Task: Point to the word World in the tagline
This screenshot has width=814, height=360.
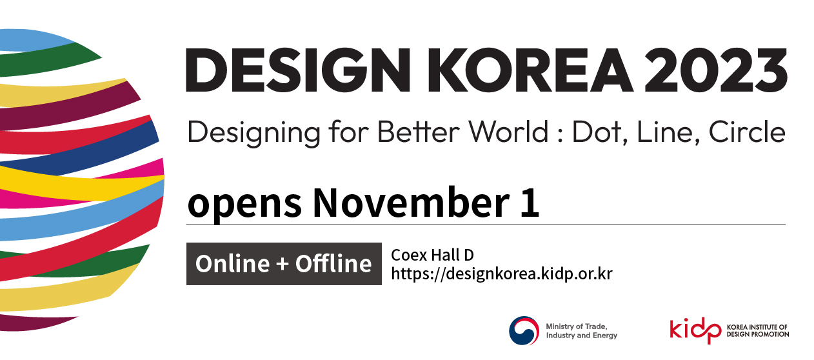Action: pos(508,132)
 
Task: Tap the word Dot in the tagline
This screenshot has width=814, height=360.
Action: pos(600,132)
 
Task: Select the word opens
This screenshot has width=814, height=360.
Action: pos(244,203)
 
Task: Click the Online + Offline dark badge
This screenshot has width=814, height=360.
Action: pos(284,264)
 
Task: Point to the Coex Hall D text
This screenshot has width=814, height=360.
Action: pos(432,255)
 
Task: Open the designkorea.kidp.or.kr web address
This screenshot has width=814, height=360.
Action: pos(501,274)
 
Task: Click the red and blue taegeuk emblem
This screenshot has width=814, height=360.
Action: pos(524,331)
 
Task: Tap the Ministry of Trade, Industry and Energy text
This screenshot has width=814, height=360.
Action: pos(581,331)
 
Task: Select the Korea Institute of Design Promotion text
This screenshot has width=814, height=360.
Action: pos(757,331)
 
